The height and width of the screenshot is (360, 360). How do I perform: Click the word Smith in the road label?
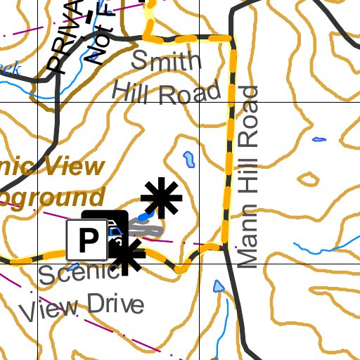167,62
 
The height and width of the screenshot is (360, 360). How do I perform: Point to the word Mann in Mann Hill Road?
249,238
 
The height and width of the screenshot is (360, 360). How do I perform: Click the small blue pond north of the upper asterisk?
188,161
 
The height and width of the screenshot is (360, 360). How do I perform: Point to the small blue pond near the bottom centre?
217,287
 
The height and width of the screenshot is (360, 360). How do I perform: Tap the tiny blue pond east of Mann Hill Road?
319,139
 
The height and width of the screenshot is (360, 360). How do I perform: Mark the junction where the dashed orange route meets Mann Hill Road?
224,246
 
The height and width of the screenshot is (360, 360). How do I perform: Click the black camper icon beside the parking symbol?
116,227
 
